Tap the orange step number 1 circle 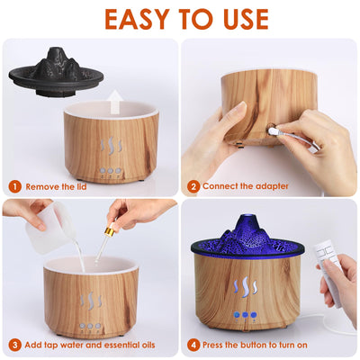click(x=15, y=186)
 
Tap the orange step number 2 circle click(x=193, y=186)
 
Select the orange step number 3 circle click(x=15, y=344)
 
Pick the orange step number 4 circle click(x=193, y=344)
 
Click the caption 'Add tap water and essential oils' click(x=90, y=344)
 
